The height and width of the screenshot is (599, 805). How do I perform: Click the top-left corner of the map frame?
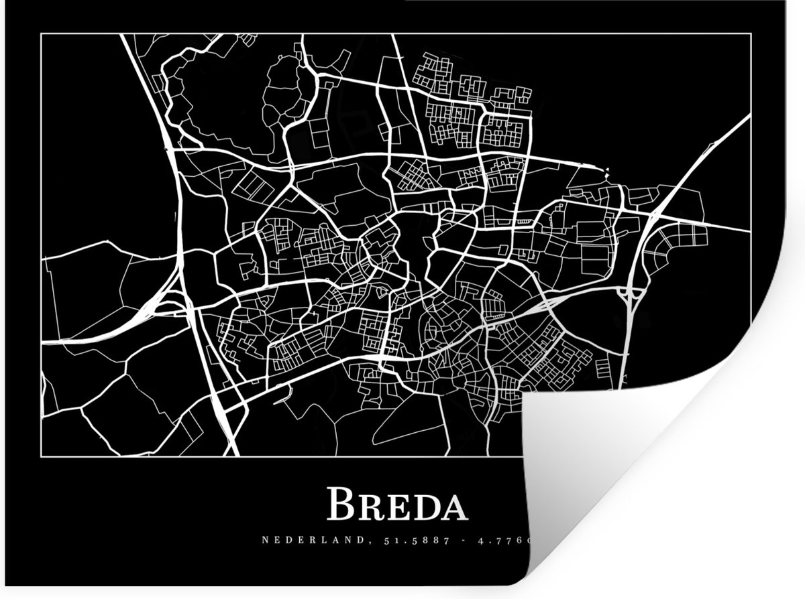[x=42, y=34]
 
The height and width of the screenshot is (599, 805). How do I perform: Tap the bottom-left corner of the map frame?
[x=42, y=456]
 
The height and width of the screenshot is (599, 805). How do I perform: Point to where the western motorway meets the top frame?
[x=123, y=34]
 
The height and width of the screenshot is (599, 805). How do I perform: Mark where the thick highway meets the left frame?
[x=42, y=342]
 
